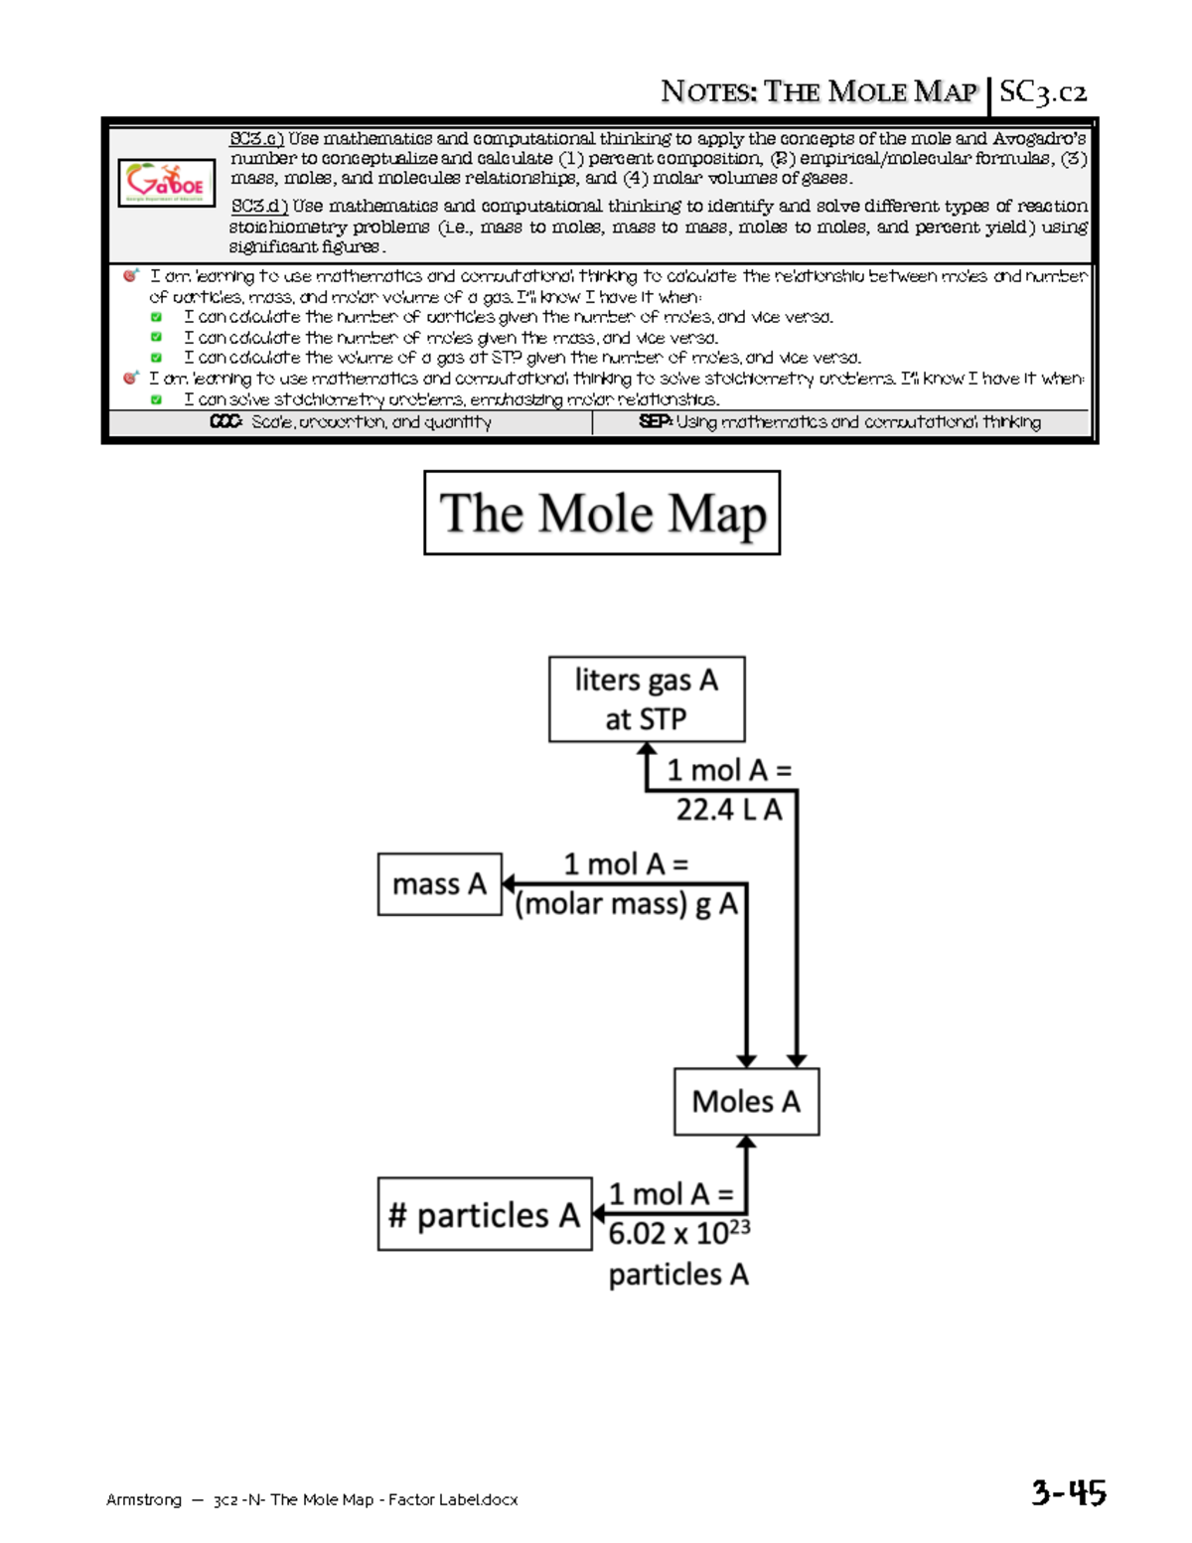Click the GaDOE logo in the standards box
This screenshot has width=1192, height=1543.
click(x=166, y=183)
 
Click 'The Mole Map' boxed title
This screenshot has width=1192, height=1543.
click(x=602, y=513)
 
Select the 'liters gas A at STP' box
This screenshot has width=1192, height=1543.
click(x=647, y=698)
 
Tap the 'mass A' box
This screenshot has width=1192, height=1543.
click(x=439, y=883)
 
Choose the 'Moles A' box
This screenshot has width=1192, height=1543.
click(x=746, y=1101)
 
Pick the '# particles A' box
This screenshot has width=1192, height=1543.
click(x=485, y=1214)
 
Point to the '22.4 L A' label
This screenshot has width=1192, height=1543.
click(x=729, y=810)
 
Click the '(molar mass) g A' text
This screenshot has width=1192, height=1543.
click(x=627, y=904)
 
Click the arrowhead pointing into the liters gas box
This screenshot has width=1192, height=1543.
click(x=647, y=752)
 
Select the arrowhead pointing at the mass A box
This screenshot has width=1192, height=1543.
click(x=509, y=883)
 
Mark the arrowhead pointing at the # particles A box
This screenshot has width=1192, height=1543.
click(x=599, y=1214)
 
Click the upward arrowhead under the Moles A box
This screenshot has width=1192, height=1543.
click(x=746, y=1143)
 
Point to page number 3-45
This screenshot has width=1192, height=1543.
click(x=1068, y=1492)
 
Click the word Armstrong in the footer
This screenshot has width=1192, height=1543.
click(x=144, y=1499)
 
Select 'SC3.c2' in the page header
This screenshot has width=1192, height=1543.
click(x=1043, y=92)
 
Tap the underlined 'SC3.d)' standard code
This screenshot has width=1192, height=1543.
click(x=258, y=206)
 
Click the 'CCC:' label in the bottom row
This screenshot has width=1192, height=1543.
click(x=225, y=422)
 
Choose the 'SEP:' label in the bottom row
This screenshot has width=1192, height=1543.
click(x=655, y=422)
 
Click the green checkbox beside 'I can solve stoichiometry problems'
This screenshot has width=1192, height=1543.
click(x=156, y=399)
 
